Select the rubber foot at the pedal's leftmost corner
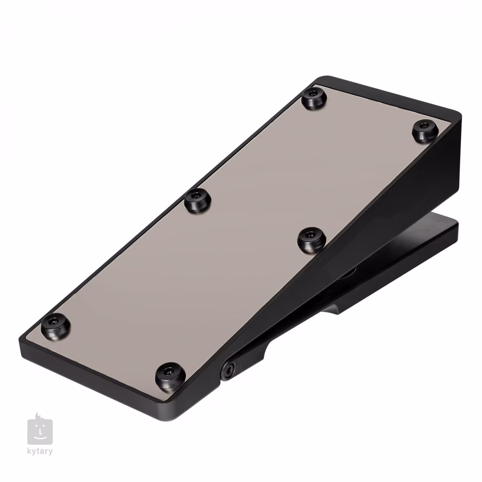click(x=55, y=326)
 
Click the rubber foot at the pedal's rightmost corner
click(x=425, y=131)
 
